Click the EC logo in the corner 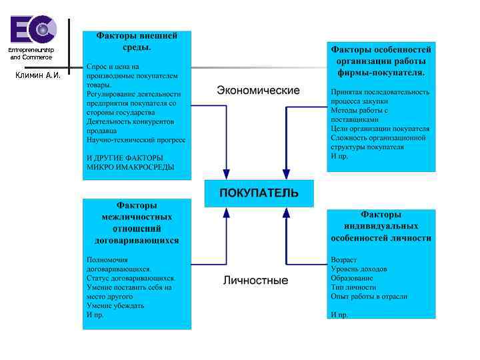coord(33,30)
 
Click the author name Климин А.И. coord(37,75)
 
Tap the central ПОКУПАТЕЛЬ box coord(259,193)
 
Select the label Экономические coord(258,90)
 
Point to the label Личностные coord(256,281)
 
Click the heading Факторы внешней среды coord(137,41)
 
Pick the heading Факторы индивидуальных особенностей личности coord(381,226)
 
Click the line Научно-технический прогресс coord(136,140)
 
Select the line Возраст coord(343,259)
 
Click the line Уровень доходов coord(359,269)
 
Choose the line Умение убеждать coord(115,305)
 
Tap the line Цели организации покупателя coord(380,129)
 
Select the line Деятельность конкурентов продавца coord(130,126)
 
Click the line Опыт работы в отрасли coord(369,297)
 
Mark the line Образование coord(351,278)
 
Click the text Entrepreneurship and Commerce coord(31,54)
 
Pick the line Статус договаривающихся coord(131,278)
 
